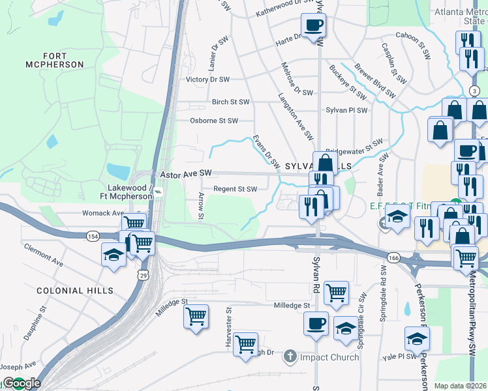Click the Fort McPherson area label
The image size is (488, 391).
tap(55, 60)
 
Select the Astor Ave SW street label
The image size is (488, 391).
tap(187, 174)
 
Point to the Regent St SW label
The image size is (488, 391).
tap(236, 189)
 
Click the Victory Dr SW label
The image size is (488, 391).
tap(207, 80)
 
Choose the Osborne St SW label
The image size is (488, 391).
tap(213, 121)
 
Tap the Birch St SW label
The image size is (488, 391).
tap(230, 102)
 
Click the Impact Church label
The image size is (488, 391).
tap(329, 357)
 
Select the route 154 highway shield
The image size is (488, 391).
tap(92, 235)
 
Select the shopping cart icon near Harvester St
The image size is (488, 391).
tap(245, 344)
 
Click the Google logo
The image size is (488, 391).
tap(22, 383)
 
